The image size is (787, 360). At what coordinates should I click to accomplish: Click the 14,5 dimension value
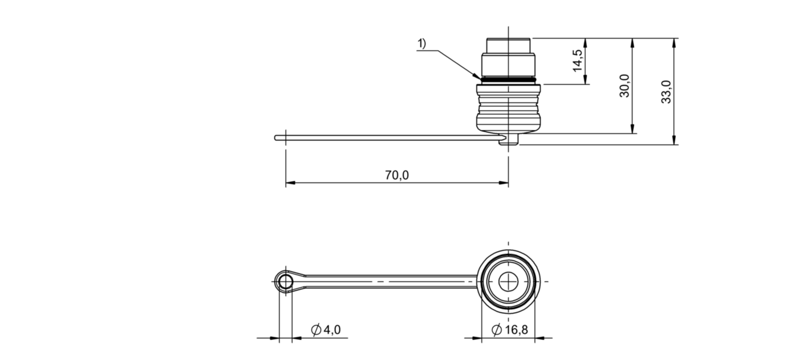point(578,61)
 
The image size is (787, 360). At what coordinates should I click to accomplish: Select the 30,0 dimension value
point(624,86)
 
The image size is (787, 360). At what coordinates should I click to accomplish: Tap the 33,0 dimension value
point(666,92)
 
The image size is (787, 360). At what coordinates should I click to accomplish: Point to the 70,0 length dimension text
point(397,175)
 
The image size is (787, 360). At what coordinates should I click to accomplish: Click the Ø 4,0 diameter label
point(326,330)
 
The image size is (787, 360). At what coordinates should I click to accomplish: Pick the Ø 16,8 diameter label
point(509,330)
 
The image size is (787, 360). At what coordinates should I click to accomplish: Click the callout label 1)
point(421,43)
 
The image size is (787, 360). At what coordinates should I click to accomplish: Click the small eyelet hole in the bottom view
point(286,282)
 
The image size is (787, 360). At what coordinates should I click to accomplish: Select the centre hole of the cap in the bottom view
point(508,282)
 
